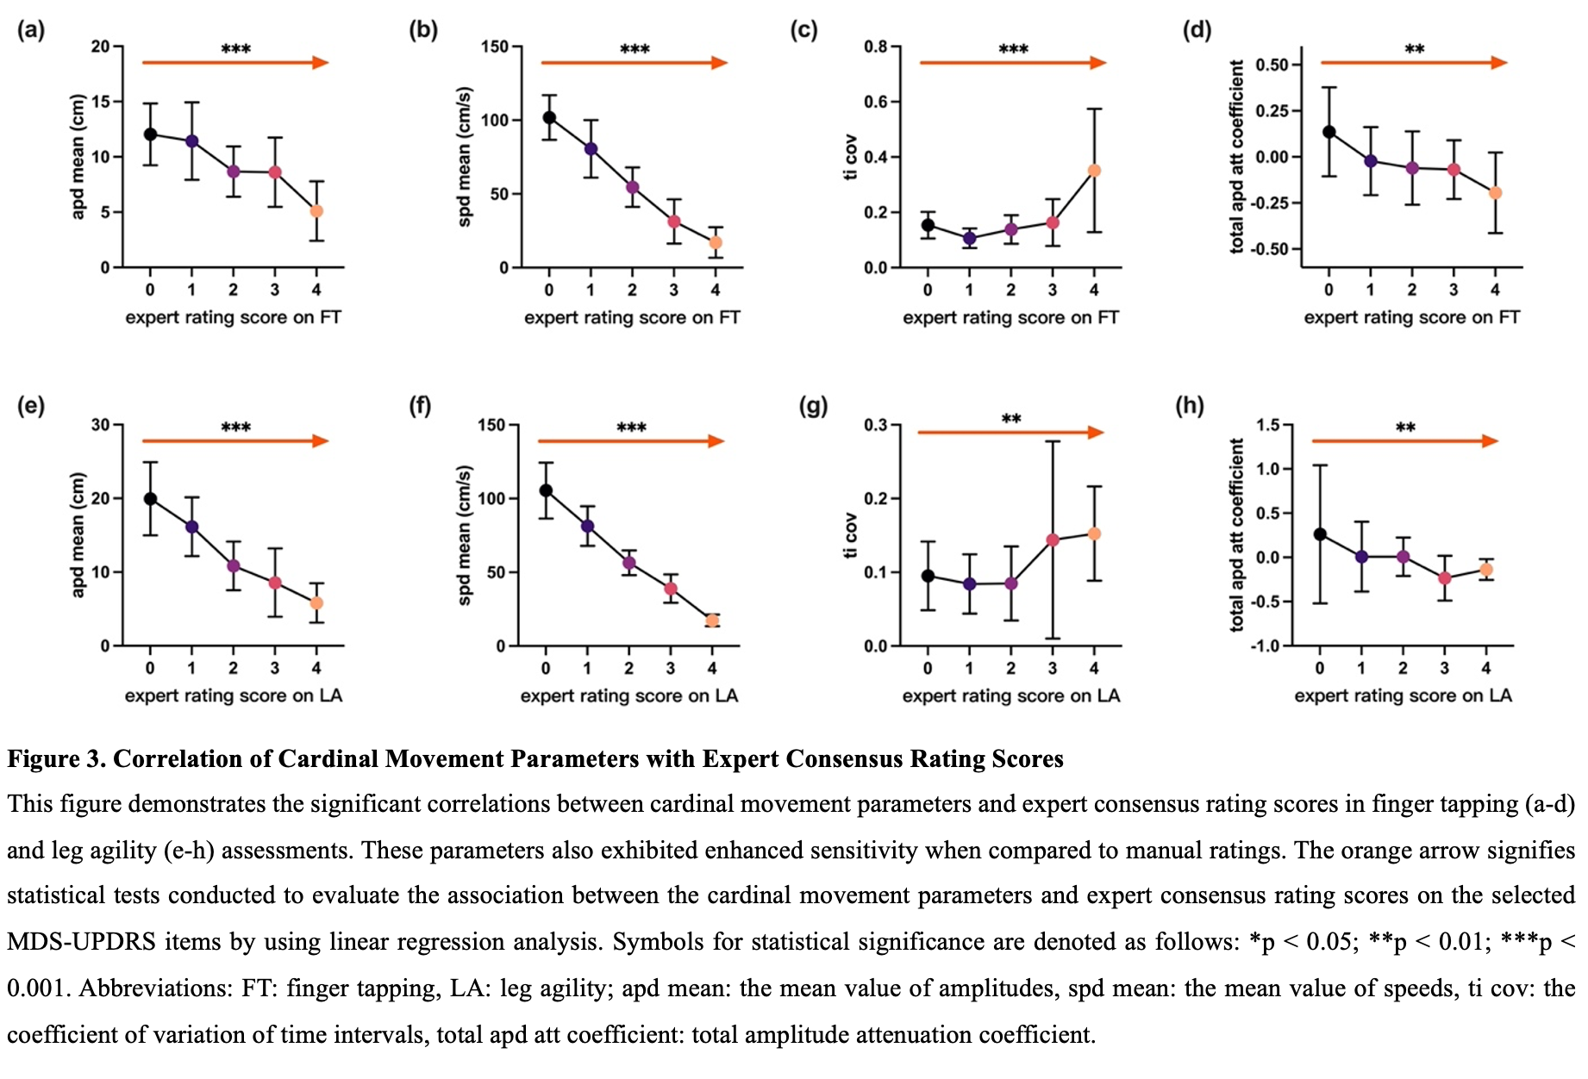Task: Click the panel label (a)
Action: coord(31,30)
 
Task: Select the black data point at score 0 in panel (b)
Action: coord(549,117)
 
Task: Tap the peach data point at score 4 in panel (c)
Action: coord(1094,171)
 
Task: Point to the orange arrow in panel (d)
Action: coord(1413,62)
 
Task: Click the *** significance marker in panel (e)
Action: coord(235,427)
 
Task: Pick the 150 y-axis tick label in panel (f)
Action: coord(491,425)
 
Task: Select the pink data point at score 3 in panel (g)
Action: coord(1053,540)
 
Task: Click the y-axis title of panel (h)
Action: coord(1237,535)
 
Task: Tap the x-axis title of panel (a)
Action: coord(233,317)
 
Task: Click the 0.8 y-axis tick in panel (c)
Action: coord(876,47)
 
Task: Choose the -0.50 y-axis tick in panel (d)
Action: coord(1272,249)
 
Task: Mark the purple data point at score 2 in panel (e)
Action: coord(233,566)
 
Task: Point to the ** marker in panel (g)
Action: coord(1011,419)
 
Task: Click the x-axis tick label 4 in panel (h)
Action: coord(1486,668)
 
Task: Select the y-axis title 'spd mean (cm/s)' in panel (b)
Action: coord(465,156)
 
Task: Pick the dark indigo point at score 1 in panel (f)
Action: coord(587,527)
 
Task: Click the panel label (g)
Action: coord(813,406)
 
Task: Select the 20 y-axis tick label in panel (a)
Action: coord(101,47)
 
